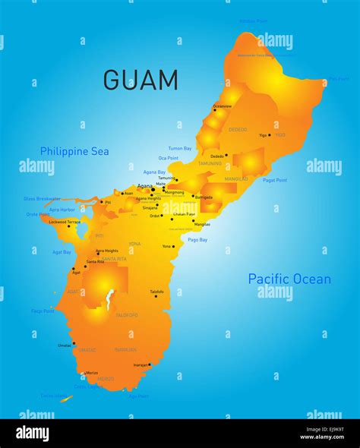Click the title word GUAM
[x=141, y=80]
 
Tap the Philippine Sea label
[x=74, y=151]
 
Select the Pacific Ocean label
[x=289, y=279]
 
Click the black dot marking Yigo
[x=270, y=135]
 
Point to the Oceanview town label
[x=223, y=106]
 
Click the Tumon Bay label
[x=180, y=148]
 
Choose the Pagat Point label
[x=274, y=180]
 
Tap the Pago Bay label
[x=197, y=239]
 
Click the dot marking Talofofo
[x=156, y=296]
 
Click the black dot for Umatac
[x=74, y=344]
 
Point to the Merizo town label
[x=91, y=372]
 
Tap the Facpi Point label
[x=43, y=311]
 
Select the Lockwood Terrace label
[x=65, y=222]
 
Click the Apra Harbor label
[x=62, y=209]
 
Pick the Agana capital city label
[x=144, y=186]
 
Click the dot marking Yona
[x=174, y=246]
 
